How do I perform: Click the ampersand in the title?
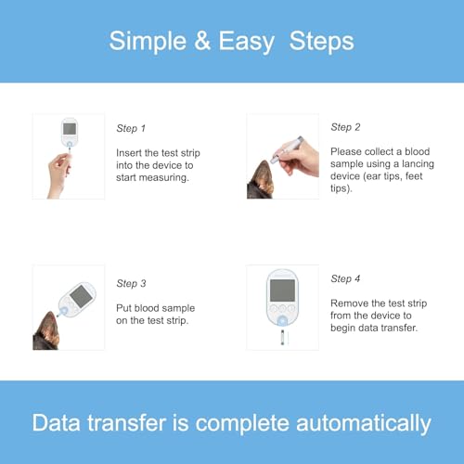point(202,41)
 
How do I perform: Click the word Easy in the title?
point(247,42)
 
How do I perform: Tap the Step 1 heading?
point(131,128)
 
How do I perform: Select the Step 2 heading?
point(345,127)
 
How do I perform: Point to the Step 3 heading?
point(131,283)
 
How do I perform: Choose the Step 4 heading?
point(345,278)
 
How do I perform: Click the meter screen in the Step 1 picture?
point(70,129)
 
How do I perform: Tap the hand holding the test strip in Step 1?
point(58,174)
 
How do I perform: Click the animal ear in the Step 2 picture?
point(261,180)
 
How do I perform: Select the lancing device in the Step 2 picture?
point(288,149)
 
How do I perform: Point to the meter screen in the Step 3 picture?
point(81,296)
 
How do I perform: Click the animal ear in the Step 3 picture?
point(46,331)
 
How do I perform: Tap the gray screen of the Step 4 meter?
point(282,290)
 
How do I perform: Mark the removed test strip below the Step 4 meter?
point(282,337)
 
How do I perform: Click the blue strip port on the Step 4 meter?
point(282,321)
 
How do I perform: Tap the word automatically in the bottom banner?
point(364,424)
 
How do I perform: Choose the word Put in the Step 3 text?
point(123,308)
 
